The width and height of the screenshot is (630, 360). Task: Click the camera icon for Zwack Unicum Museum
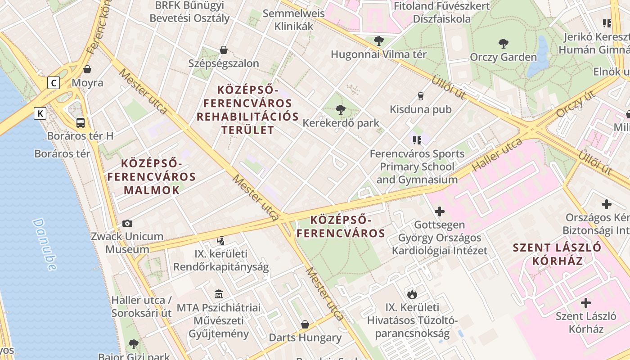[x=127, y=223]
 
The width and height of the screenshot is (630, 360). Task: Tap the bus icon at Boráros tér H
[x=81, y=122]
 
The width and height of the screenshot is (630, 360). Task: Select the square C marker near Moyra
[x=54, y=83]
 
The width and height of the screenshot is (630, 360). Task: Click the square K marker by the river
[x=40, y=113]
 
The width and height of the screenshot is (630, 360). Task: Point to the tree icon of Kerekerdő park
[x=341, y=109]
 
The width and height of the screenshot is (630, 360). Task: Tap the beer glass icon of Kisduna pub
[x=420, y=96]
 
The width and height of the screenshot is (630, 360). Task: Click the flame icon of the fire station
[x=412, y=294]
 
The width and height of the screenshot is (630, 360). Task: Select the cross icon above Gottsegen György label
[x=439, y=211]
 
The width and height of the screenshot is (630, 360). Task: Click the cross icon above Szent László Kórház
[x=586, y=302]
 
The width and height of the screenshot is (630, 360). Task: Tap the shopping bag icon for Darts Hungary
[x=305, y=324]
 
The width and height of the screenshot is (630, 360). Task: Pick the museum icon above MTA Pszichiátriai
[x=219, y=294]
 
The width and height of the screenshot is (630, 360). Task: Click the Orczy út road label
[x=576, y=103]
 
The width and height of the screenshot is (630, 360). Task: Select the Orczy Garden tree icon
[x=503, y=44]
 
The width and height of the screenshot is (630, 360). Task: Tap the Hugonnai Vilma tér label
[x=378, y=54]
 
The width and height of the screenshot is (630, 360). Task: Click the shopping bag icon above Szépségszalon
[x=223, y=50]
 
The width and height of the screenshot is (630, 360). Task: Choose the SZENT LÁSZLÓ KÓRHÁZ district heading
[x=557, y=254]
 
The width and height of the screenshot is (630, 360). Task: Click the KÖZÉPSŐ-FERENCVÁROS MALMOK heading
[x=151, y=176]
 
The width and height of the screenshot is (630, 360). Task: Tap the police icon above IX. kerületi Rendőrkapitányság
[x=220, y=241]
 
